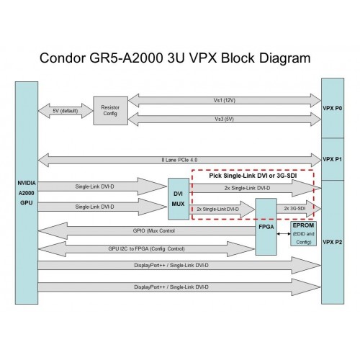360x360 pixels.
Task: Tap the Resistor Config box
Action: click(109, 109)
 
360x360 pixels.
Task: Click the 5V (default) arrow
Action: click(66, 110)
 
